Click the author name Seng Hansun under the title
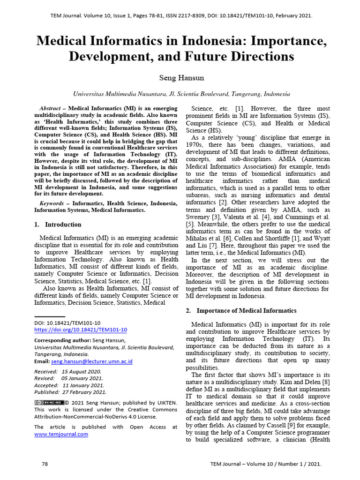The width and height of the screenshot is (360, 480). tap(181, 77)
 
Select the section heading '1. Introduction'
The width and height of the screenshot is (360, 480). tap(58, 225)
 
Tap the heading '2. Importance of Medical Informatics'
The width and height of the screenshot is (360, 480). tap(241, 311)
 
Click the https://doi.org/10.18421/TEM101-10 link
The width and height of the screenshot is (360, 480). tap(81, 330)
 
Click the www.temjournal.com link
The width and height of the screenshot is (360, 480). tap(61, 434)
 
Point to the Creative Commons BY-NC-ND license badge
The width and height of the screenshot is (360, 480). tap(49, 403)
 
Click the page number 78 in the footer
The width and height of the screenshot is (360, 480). tap(45, 464)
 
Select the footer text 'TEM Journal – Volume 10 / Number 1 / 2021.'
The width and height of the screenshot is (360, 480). tap(266, 464)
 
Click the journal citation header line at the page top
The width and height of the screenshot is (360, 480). tap(181, 16)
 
